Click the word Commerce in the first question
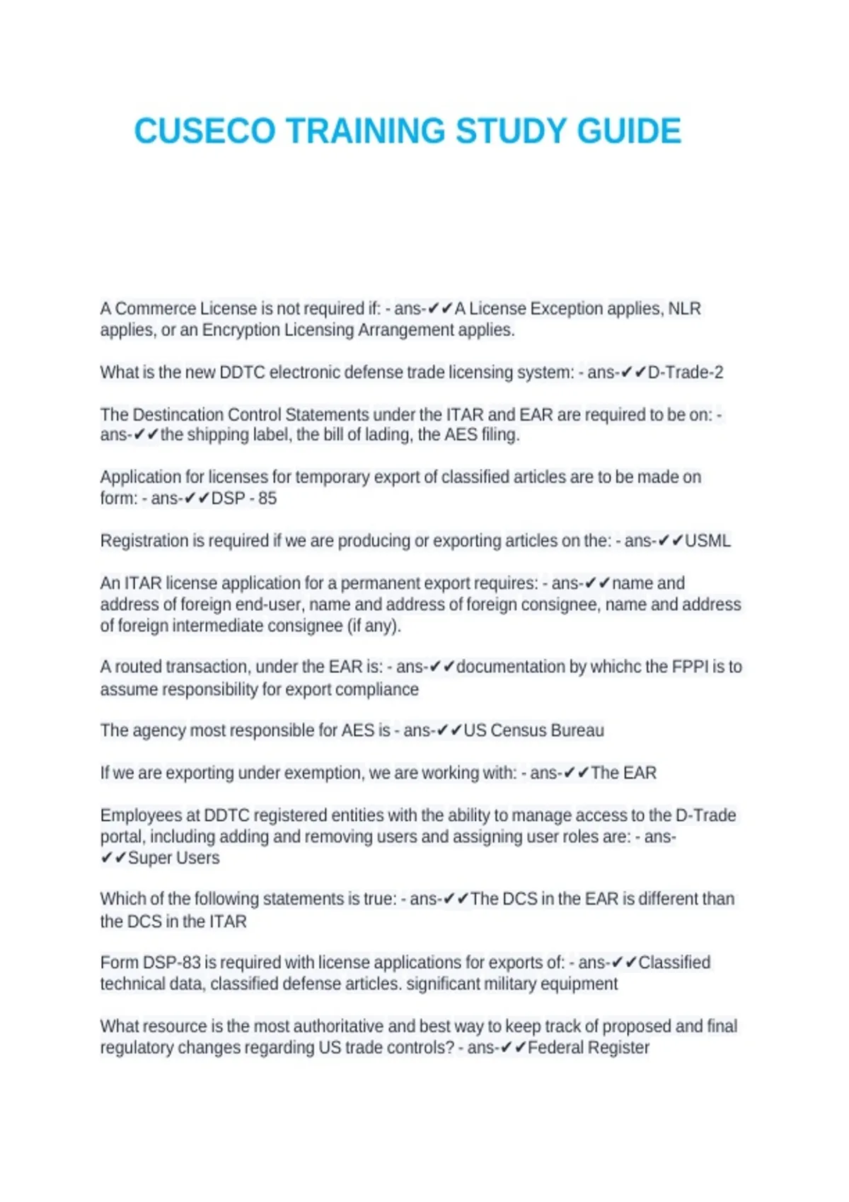point(156,309)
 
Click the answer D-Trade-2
point(686,373)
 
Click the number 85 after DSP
point(267,498)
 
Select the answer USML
point(707,541)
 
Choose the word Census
point(519,730)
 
